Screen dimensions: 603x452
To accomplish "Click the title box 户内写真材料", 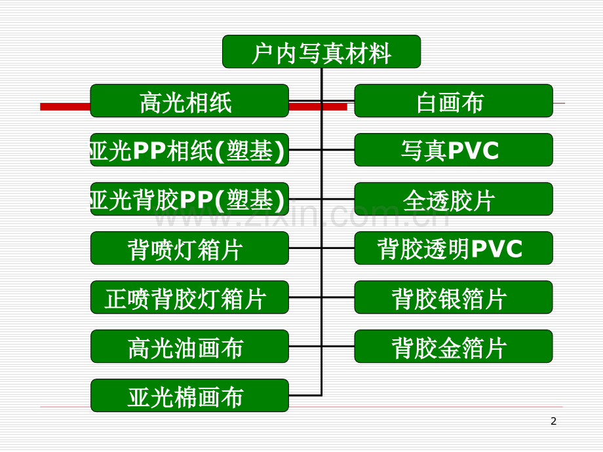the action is [x=322, y=52].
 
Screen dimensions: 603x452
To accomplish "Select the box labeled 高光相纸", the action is [x=189, y=101].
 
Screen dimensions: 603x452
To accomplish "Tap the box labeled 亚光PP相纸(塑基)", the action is [x=189, y=150].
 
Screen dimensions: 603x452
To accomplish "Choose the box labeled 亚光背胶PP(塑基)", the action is [x=189, y=199].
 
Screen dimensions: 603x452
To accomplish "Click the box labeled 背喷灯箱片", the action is [x=189, y=248].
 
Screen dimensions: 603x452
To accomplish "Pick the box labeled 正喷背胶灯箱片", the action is [x=189, y=297].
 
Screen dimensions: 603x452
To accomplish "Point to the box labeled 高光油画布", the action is [x=189, y=347].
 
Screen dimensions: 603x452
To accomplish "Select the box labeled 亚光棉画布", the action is [x=189, y=396].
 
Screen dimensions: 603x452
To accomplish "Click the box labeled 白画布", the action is [x=454, y=101].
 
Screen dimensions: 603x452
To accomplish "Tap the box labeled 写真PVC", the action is [x=454, y=150].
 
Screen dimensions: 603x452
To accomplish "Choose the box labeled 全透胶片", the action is [x=454, y=199].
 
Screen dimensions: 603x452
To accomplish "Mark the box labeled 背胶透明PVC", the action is [x=454, y=248].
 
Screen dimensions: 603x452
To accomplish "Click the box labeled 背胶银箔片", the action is [x=454, y=297].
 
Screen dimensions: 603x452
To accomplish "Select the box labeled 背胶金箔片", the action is [x=454, y=347].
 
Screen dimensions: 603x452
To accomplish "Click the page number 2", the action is [x=553, y=421].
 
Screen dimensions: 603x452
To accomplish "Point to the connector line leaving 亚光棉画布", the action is [x=305, y=395].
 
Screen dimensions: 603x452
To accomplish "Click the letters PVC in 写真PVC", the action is [x=473, y=150].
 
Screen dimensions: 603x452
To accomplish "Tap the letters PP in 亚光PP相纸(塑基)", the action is [x=149, y=150].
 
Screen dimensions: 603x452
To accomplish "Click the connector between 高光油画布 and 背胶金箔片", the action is [x=322, y=347].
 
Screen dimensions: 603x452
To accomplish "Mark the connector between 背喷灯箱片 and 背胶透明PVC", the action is [x=322, y=248].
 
